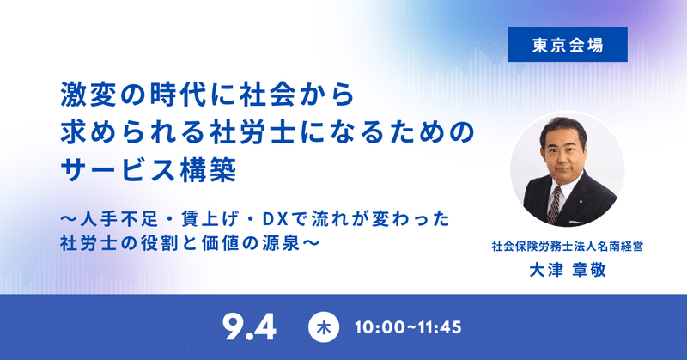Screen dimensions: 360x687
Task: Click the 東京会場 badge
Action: click(561, 45)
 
